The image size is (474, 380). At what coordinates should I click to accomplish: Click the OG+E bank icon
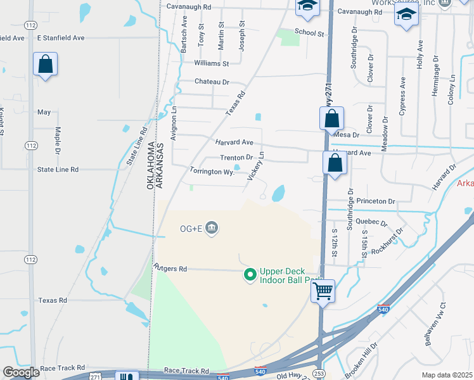[212, 227]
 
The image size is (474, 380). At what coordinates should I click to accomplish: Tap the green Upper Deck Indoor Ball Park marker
[250, 275]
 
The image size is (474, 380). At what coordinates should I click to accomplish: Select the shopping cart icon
[323, 292]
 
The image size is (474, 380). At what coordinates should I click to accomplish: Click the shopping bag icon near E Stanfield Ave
[45, 64]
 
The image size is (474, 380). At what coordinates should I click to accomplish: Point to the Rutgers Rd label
[169, 269]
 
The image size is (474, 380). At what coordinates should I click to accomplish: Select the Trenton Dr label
[236, 158]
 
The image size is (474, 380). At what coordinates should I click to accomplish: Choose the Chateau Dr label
[212, 82]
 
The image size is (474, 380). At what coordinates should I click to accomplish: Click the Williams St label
[212, 64]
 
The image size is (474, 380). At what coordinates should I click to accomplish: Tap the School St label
[309, 32]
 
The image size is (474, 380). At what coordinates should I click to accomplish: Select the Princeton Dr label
[375, 201]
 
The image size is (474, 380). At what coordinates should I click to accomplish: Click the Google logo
[21, 372]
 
